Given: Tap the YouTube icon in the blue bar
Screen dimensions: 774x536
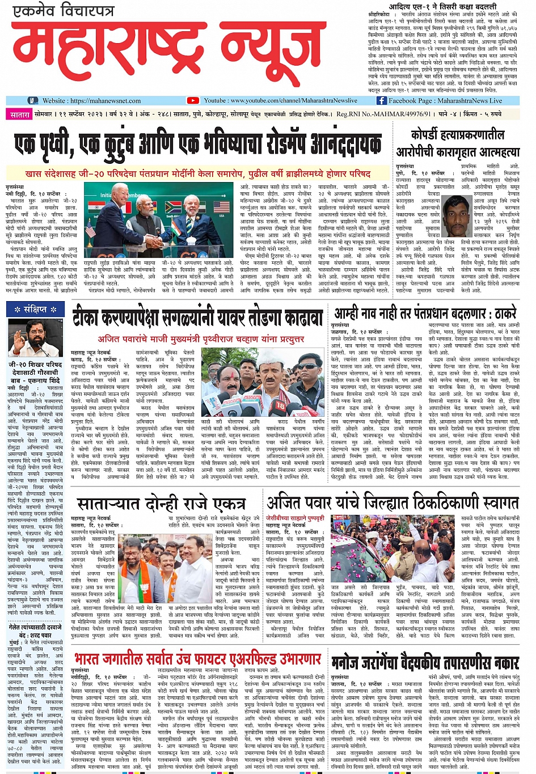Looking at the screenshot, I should [193, 100].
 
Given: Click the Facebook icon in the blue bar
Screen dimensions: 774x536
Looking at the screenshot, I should [382, 100].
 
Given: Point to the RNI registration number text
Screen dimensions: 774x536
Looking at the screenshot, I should [383, 114].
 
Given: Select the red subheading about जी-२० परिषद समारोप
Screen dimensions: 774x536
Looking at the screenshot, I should [197, 173].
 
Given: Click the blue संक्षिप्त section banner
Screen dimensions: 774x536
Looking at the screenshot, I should [35, 309].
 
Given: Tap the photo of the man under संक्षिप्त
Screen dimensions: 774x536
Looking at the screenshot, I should [35, 337].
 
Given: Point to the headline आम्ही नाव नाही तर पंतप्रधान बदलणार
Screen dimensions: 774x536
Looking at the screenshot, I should [425, 314].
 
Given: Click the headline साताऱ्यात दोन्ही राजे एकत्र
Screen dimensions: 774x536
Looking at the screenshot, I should [161, 504].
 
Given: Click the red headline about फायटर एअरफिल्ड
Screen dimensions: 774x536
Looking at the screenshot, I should [197, 659].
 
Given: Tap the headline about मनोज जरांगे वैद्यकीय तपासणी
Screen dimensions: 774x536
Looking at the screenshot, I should [425, 661].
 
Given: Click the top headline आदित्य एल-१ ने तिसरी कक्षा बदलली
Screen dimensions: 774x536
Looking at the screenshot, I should [445, 6].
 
